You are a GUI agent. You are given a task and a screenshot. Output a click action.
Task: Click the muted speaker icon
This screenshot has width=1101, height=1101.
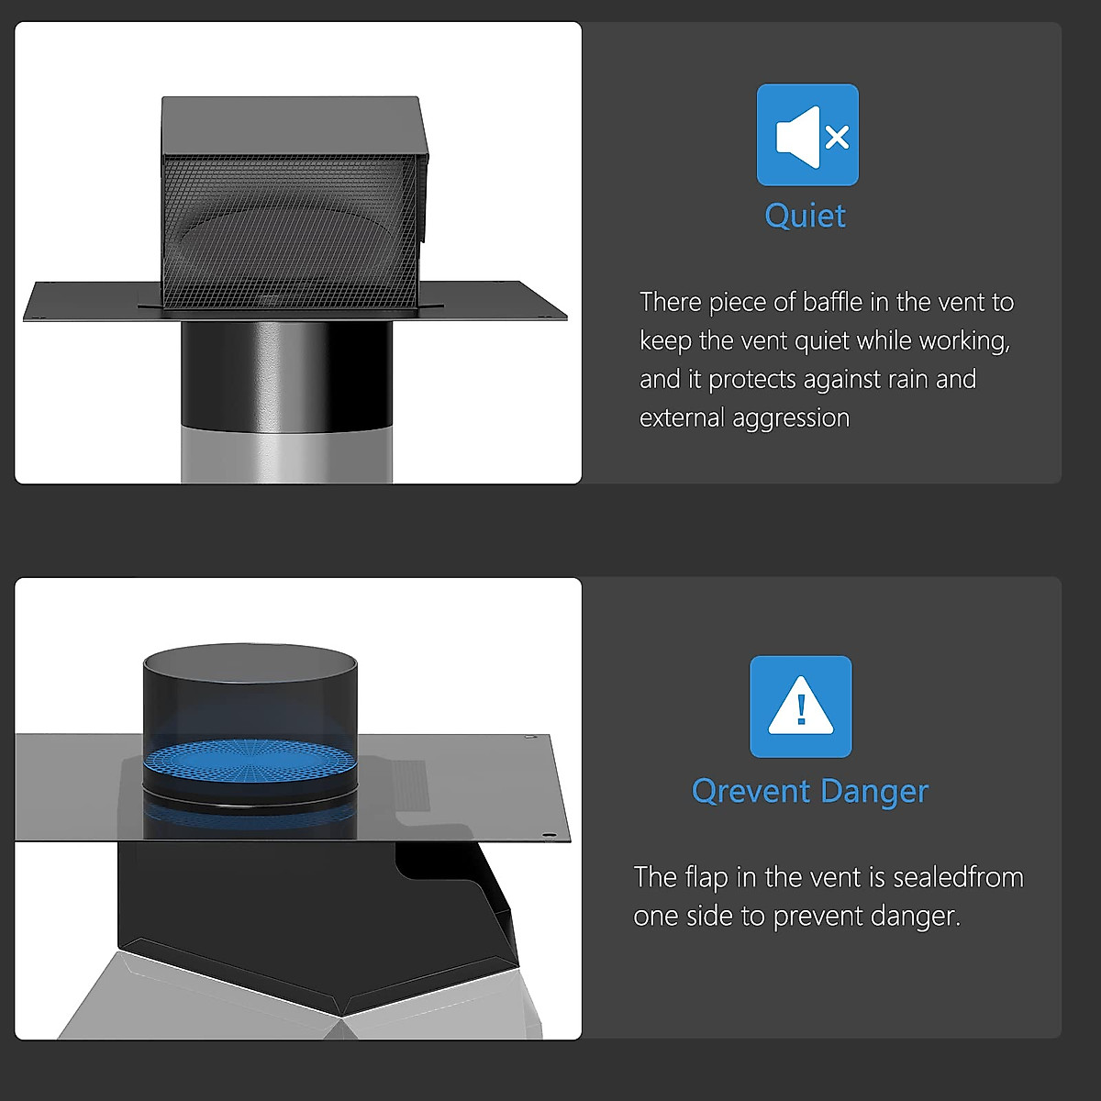(x=807, y=136)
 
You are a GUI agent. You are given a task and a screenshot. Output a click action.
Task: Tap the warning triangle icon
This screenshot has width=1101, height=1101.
(x=800, y=706)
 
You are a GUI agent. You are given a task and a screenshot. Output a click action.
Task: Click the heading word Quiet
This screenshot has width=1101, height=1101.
(x=805, y=216)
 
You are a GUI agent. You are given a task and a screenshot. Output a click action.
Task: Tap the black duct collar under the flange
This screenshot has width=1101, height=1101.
(x=286, y=372)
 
